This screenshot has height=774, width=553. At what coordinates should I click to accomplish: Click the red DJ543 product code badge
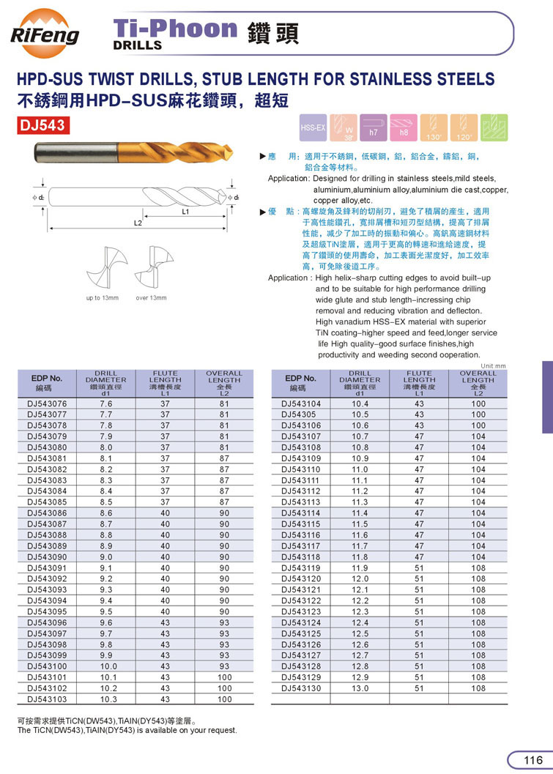pos(43,125)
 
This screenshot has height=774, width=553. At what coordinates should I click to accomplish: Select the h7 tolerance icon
pos(373,127)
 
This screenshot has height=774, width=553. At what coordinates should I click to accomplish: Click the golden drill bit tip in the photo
pos(224,155)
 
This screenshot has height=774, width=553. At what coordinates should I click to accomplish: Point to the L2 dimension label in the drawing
pos(137,222)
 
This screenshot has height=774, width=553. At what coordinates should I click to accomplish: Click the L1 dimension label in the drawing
pos(186,211)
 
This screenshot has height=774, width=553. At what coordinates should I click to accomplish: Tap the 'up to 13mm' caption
pos(102,298)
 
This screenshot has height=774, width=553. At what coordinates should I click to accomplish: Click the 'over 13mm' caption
pos(151,298)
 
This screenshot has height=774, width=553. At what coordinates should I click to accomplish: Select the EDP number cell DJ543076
pos(47,403)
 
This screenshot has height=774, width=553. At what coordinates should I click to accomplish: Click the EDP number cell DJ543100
pos(47,666)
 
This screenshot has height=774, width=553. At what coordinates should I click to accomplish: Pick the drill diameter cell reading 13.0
pos(360,688)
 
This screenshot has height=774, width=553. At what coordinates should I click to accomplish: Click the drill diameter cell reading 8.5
pos(105,502)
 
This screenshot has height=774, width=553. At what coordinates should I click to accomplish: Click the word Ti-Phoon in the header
pos(176,29)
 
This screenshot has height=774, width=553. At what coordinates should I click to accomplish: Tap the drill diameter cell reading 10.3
pos(105,699)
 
